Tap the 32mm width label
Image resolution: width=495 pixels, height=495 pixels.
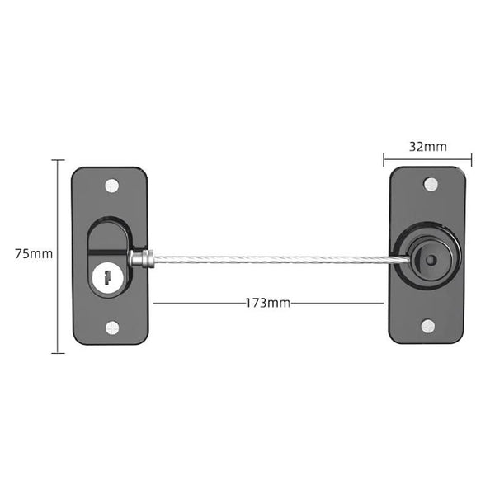coord(428,147)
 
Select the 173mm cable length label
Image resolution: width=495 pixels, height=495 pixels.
coord(267,303)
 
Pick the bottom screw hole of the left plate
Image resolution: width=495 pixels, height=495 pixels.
coord(111,328)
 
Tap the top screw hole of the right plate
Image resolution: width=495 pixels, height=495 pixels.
coord(428,183)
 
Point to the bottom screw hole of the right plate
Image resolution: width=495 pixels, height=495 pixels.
coord(428,325)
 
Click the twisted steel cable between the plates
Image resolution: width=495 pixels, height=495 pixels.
coord(264,259)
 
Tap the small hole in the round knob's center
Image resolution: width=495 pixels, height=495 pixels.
coord(431,259)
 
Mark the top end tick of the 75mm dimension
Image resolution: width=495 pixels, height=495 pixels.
coord(58,160)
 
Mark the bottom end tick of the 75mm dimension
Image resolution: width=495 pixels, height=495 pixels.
coord(58,353)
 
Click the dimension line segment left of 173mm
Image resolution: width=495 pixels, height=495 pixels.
coord(198,303)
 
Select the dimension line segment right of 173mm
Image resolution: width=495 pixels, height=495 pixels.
coord(338,303)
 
